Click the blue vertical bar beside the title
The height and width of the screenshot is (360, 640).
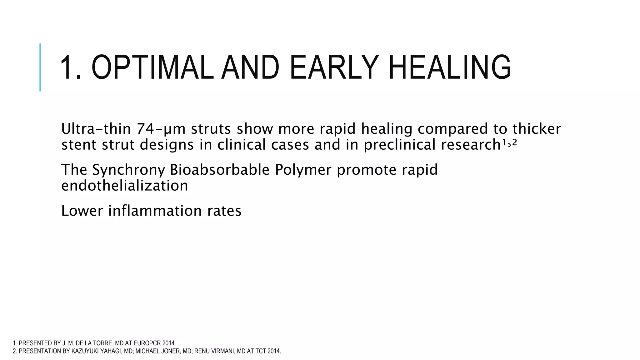[x=40, y=67]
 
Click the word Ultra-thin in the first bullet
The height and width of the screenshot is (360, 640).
[x=97, y=129]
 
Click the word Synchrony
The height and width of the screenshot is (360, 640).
[x=128, y=170]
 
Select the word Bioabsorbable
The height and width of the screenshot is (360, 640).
[x=220, y=170]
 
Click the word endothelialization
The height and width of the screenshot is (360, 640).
[x=124, y=186]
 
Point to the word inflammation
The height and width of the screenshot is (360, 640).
[x=155, y=211]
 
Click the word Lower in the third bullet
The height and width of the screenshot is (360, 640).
[x=82, y=211]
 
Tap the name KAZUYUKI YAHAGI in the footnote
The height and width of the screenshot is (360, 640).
[x=97, y=351]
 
